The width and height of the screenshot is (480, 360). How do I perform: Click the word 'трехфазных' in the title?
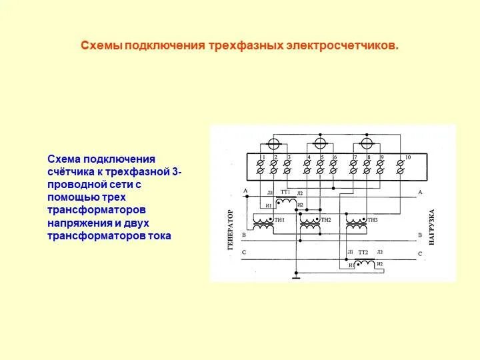tap(246, 46)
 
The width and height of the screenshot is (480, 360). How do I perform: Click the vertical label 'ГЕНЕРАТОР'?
tap(231, 229)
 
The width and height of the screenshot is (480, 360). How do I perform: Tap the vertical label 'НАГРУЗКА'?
tap(431, 229)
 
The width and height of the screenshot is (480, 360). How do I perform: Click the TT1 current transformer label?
tap(285, 192)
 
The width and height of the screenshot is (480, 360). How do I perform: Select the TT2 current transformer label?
tap(363, 253)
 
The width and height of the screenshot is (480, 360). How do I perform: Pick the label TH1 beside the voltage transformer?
tap(279, 220)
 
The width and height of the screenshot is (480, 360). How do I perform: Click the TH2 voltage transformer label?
tap(326, 220)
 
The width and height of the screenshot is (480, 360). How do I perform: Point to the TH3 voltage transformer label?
tap(372, 220)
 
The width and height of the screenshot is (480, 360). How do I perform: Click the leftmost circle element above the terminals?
tap(272, 143)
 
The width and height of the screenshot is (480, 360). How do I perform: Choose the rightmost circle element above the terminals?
tap(365, 143)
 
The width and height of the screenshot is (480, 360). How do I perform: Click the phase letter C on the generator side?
tap(244, 253)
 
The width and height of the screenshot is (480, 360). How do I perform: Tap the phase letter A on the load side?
tap(420, 193)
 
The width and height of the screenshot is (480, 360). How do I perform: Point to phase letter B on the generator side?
tap(244, 235)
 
